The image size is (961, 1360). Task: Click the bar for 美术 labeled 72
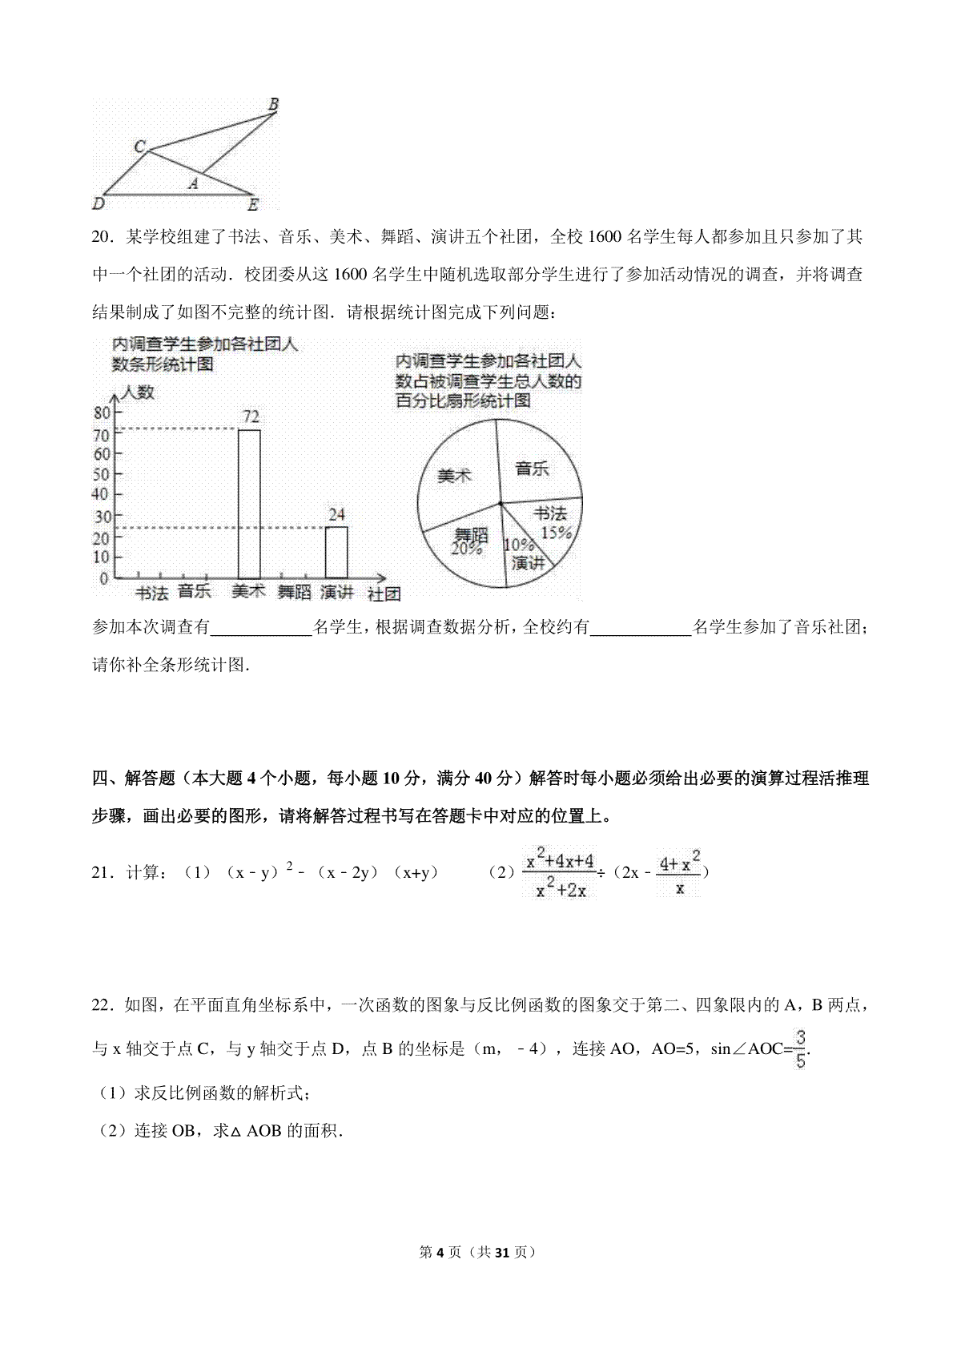point(249,503)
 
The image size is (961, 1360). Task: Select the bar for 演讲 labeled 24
point(336,552)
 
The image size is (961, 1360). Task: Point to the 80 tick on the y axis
point(102,413)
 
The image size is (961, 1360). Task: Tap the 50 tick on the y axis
point(102,474)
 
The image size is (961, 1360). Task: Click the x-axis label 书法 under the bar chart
point(151,593)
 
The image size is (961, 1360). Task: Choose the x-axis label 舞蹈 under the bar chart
point(294,593)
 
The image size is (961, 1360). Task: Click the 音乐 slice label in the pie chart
point(532,469)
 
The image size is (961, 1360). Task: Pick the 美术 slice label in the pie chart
point(454,476)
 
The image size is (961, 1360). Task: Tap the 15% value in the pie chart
point(556,532)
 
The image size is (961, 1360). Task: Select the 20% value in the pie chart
point(466,549)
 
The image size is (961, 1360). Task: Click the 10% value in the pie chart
point(518,545)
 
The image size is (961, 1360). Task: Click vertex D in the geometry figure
point(99,203)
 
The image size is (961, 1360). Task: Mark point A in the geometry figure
point(192,184)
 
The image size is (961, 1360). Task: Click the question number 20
point(102,237)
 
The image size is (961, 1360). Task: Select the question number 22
point(102,1004)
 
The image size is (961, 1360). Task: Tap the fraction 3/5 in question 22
point(801,1049)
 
